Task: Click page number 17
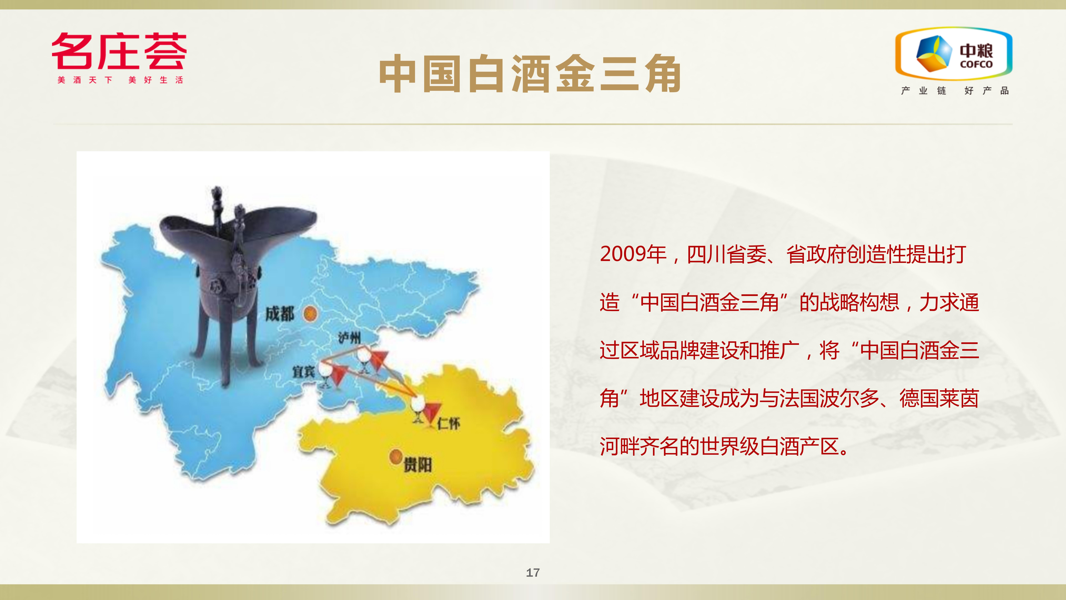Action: [x=533, y=573]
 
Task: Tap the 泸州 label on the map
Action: [x=349, y=337]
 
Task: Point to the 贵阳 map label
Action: [x=418, y=465]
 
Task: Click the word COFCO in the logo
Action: [x=976, y=64]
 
